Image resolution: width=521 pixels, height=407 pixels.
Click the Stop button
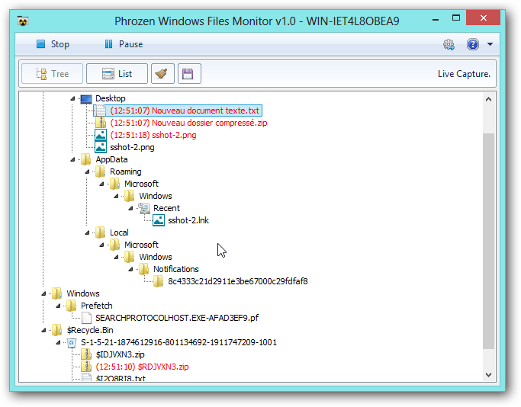(53, 44)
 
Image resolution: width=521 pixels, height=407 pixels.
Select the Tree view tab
(52, 74)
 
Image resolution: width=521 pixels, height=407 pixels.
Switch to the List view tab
(117, 74)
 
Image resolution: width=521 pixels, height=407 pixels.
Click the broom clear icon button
(162, 74)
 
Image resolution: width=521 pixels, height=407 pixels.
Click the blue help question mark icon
(472, 44)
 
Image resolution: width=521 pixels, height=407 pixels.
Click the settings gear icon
(449, 44)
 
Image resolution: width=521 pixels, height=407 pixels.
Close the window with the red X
(483, 18)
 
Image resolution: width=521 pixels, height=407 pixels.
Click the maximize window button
(456, 18)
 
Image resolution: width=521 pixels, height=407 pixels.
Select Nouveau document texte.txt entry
(185, 111)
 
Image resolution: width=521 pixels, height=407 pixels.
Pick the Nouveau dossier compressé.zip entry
(188, 123)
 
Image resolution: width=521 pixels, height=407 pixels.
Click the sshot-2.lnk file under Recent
(188, 220)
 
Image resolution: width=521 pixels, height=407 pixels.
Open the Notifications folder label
(175, 269)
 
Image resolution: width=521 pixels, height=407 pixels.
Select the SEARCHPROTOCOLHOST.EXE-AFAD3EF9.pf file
(177, 318)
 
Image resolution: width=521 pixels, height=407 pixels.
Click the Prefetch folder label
(97, 306)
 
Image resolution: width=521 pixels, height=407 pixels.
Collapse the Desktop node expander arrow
(72, 98)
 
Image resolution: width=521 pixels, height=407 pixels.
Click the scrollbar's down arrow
(488, 375)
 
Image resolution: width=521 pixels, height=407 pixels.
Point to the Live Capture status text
(464, 74)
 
